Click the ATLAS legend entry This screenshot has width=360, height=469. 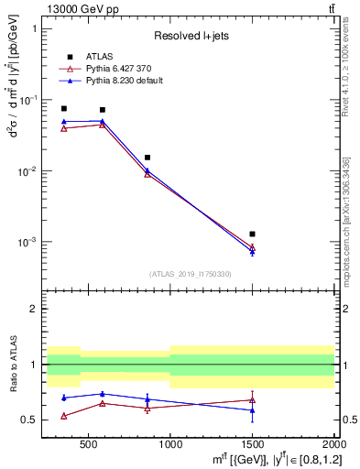tap(98, 57)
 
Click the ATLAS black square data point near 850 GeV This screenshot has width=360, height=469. tap(147, 158)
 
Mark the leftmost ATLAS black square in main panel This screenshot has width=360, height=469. tap(63, 108)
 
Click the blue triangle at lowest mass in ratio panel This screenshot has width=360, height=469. tap(63, 398)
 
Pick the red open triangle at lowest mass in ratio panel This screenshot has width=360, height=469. tap(63, 416)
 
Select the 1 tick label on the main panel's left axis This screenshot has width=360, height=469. tap(33, 28)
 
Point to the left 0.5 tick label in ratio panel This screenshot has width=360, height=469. tap(29, 420)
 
